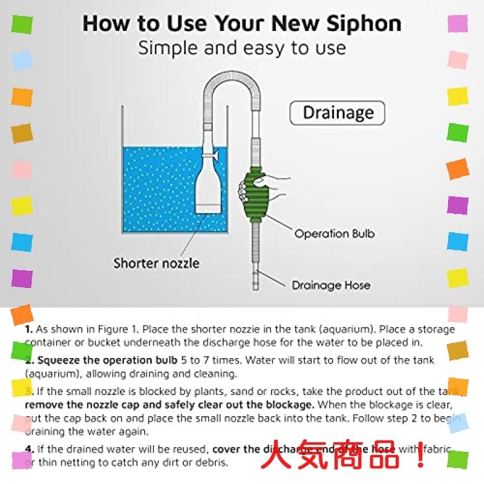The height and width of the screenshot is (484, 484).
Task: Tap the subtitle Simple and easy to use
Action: coord(242,48)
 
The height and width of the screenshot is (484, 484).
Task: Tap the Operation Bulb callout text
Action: coord(330,234)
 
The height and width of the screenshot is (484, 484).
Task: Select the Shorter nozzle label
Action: coord(156,263)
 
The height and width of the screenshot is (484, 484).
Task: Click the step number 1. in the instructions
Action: coord(29,330)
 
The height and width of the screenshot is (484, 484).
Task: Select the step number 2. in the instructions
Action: coord(29,361)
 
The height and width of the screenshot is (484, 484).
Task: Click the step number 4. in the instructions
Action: coord(29,449)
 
